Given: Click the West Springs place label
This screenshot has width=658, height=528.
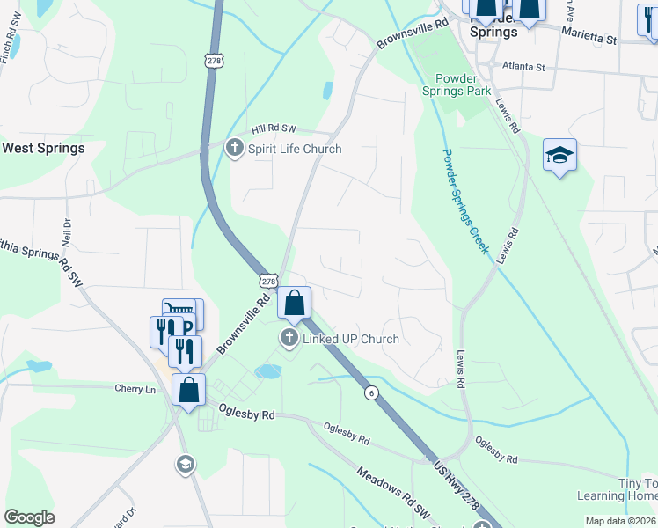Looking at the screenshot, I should (43, 148).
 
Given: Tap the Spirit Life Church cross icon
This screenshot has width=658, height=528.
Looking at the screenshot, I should (234, 148).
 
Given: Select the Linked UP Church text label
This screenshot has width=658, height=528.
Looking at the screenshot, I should (351, 339).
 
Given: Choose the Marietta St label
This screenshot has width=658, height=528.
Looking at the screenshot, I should (591, 39).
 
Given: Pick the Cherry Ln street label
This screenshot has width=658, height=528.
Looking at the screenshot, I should (135, 388).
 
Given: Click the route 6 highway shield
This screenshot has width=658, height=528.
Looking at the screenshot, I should (372, 393).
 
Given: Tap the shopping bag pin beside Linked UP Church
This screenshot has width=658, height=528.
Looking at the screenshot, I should (295, 304).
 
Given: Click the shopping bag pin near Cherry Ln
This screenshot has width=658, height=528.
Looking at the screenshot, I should (189, 389).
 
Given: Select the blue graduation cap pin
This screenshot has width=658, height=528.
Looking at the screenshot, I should (559, 156).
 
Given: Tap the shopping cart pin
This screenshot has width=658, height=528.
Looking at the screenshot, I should (179, 312).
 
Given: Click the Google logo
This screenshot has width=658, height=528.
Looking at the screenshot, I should (29, 517).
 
